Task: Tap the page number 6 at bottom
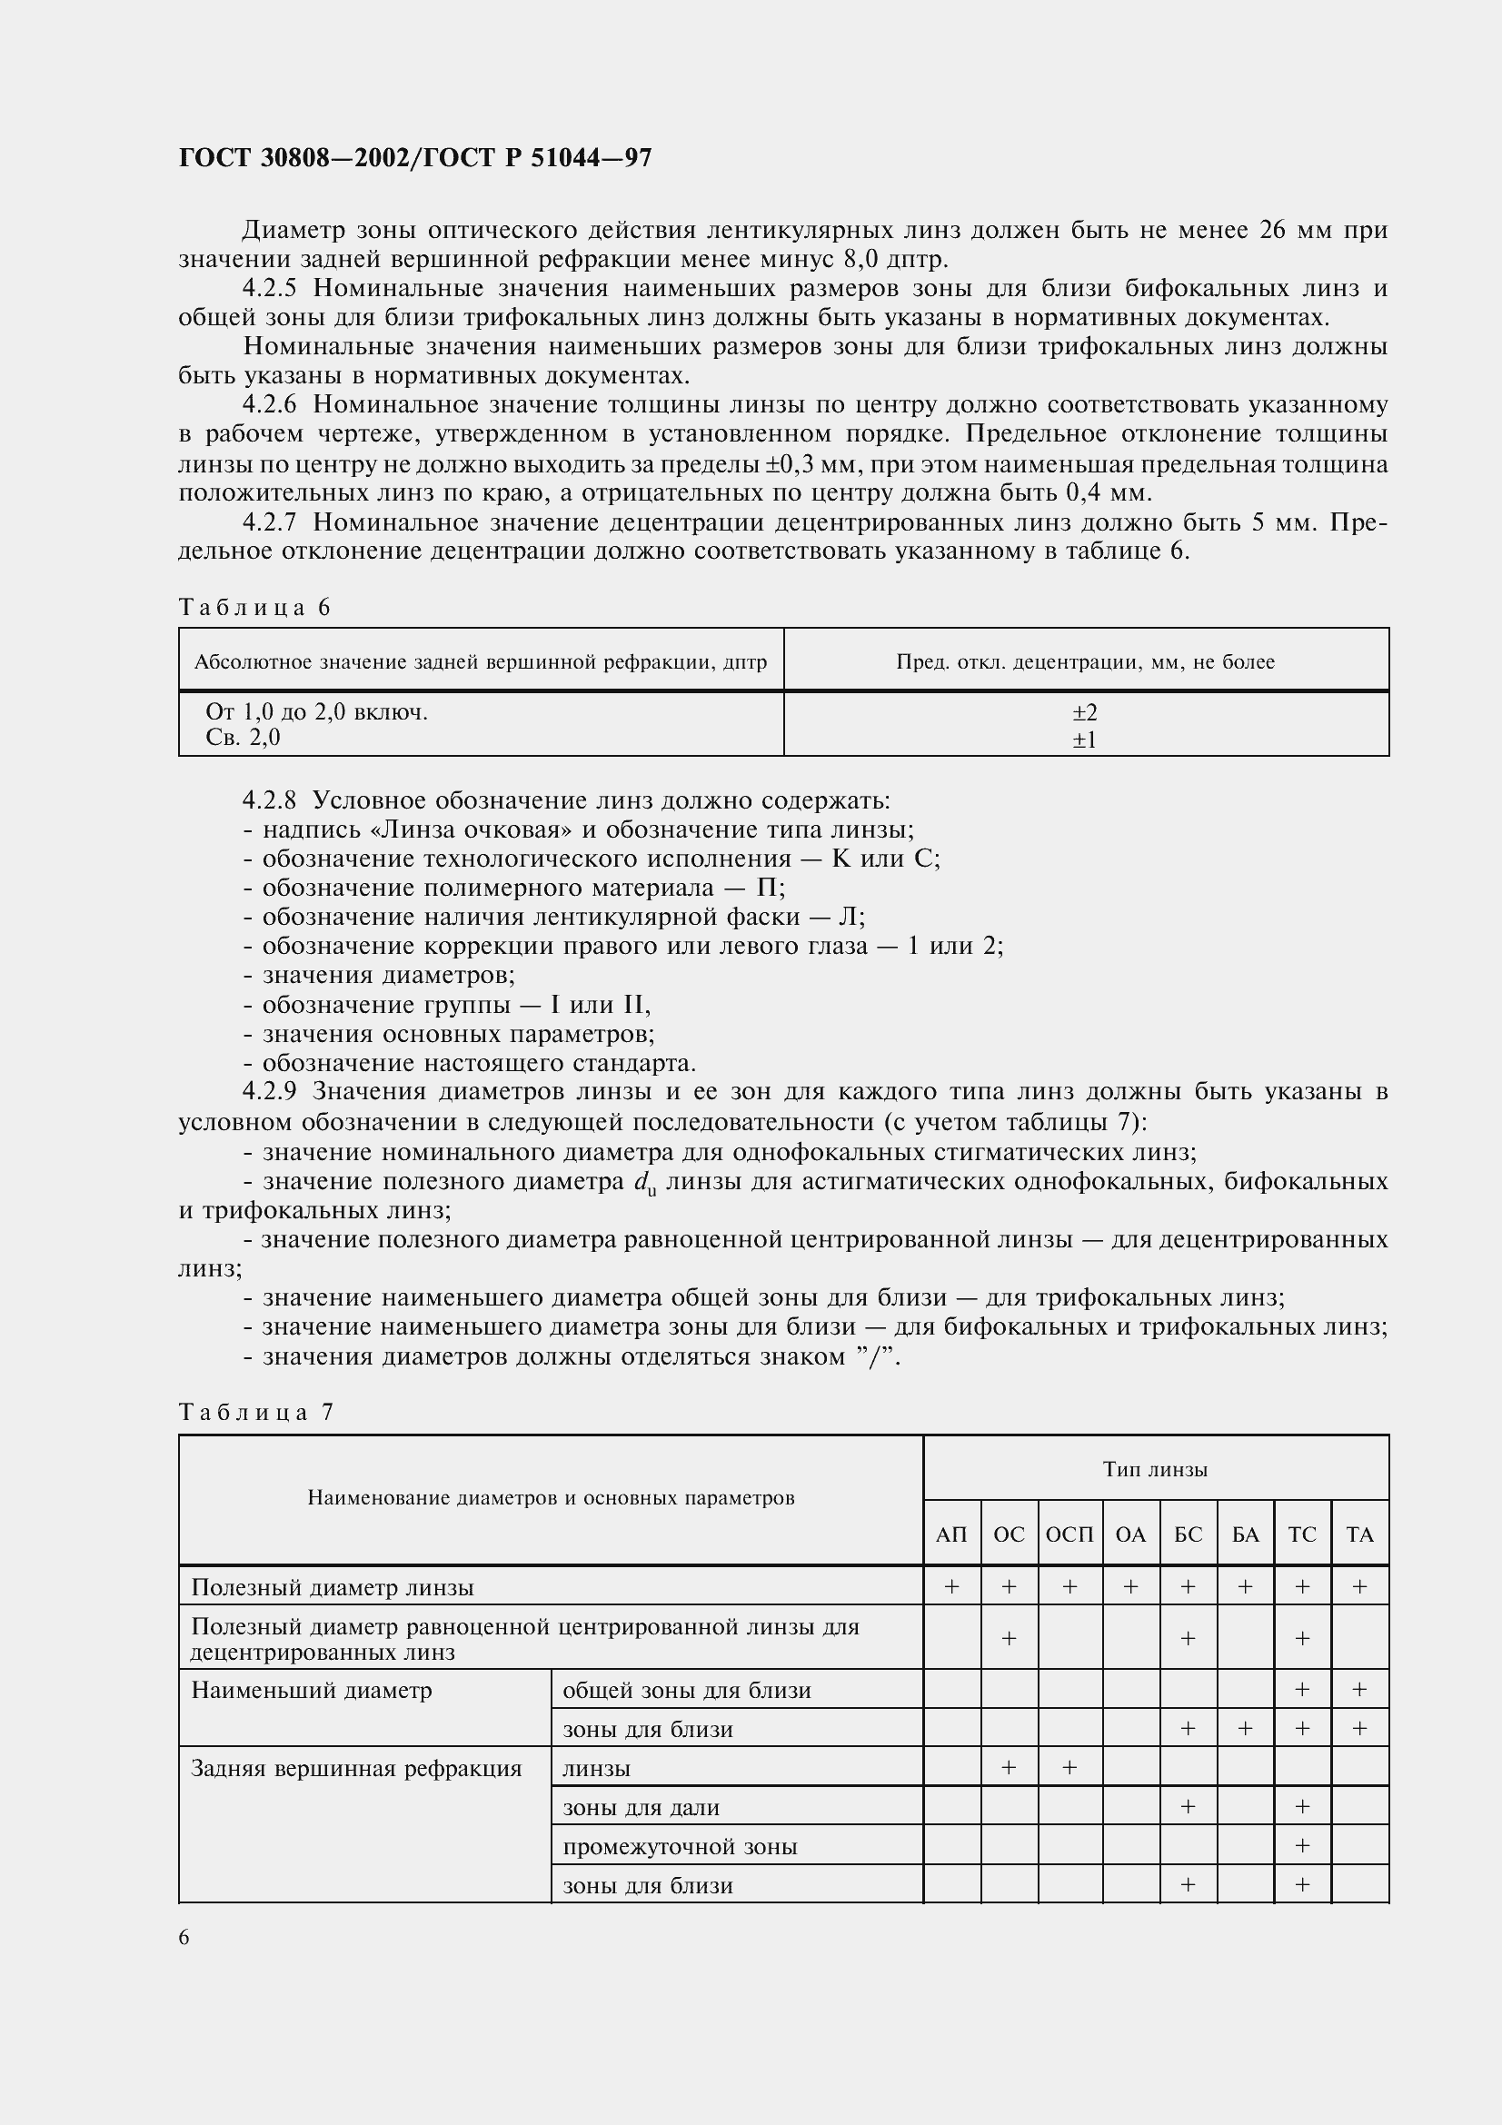click(x=184, y=1938)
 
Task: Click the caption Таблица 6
click(x=254, y=608)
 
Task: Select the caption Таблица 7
click(x=255, y=1413)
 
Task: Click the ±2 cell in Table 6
click(x=1085, y=712)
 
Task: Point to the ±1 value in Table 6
click(x=1085, y=740)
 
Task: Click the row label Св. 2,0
click(x=243, y=738)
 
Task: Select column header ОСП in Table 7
click(x=1069, y=1534)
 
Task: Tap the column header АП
click(x=951, y=1534)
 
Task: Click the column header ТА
click(x=1359, y=1534)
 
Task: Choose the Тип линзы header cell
click(x=1155, y=1470)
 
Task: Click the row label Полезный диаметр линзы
click(x=333, y=1588)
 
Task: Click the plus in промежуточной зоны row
click(x=1301, y=1845)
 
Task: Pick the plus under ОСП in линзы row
click(x=1069, y=1768)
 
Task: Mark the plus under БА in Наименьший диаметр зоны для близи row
click(x=1245, y=1728)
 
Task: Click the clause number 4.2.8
click(x=268, y=800)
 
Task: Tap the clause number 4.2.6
click(x=268, y=405)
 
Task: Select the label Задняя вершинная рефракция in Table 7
click(x=356, y=1769)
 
